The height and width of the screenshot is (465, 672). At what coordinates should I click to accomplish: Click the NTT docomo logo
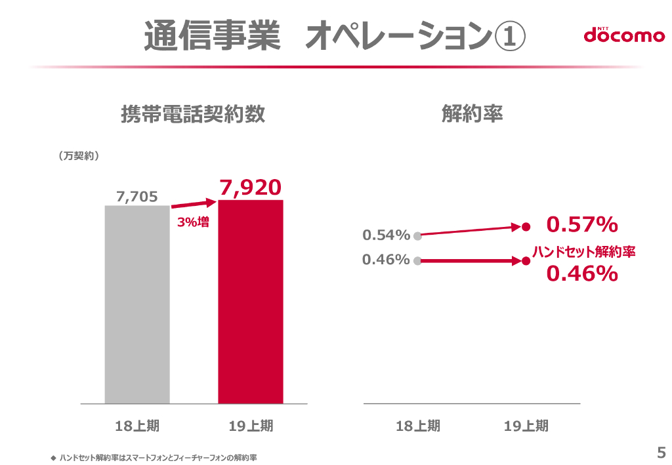[x=624, y=35]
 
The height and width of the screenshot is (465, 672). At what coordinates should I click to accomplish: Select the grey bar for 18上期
[x=137, y=304]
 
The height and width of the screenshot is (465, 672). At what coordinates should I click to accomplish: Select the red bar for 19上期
[x=251, y=302]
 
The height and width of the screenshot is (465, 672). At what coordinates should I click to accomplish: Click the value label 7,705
[x=137, y=196]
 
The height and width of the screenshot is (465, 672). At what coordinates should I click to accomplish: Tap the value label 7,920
[x=251, y=188]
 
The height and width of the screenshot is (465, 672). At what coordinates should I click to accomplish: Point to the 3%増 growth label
[x=193, y=222]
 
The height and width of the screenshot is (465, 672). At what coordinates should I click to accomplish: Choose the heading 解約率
[x=472, y=114]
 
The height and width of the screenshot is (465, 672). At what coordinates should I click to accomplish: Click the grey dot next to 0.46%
[x=417, y=260]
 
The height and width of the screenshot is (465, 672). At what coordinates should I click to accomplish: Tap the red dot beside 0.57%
[x=526, y=227]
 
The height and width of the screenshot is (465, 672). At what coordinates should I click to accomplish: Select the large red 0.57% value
[x=582, y=225]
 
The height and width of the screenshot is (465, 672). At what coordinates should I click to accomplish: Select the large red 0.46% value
[x=582, y=273]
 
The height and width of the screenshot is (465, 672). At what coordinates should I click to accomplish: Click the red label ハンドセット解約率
[x=583, y=251]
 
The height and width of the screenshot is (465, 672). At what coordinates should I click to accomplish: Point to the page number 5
[x=661, y=452]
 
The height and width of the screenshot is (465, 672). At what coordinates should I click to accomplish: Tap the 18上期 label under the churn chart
[x=418, y=426]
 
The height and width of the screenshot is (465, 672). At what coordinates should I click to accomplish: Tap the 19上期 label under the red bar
[x=251, y=426]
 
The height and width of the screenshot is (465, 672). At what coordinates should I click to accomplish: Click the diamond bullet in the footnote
[x=53, y=457]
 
